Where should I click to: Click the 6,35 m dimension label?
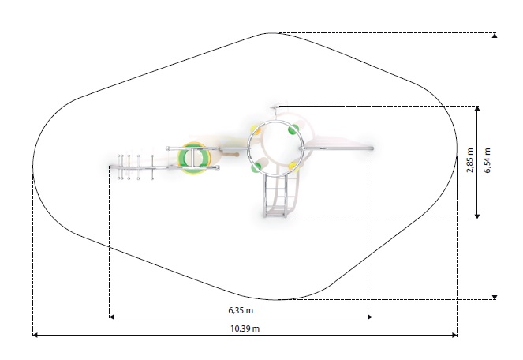tap(241, 310)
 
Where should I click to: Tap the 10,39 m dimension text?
tap(245, 328)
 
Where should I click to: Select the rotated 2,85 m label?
tap(470, 160)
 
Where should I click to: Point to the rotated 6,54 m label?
tap(488, 160)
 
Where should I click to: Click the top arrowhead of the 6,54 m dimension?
tap(495, 36)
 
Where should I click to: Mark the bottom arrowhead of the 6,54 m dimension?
tap(495, 297)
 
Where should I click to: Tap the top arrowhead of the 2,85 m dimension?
tap(477, 109)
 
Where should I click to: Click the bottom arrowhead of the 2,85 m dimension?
tap(477, 216)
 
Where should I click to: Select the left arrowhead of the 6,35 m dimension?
tap(112, 317)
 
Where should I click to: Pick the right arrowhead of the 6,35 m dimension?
tap(369, 317)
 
